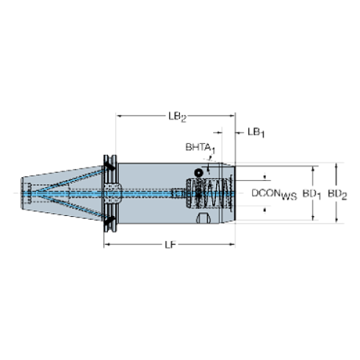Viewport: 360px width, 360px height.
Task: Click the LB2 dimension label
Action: tap(177, 117)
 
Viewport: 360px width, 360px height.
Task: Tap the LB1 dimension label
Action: tap(256, 132)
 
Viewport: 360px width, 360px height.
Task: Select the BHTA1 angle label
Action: tap(201, 148)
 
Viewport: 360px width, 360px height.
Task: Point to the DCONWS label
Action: tap(274, 195)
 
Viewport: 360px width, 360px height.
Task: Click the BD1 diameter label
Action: tap(312, 195)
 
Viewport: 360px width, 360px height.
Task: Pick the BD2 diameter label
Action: tap(337, 195)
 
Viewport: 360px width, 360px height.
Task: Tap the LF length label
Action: tap(170, 245)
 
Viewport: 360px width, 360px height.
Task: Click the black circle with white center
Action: tap(198, 173)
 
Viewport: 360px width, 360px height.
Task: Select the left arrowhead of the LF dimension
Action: tap(107, 244)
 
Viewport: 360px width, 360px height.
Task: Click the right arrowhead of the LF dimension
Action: tap(232, 244)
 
